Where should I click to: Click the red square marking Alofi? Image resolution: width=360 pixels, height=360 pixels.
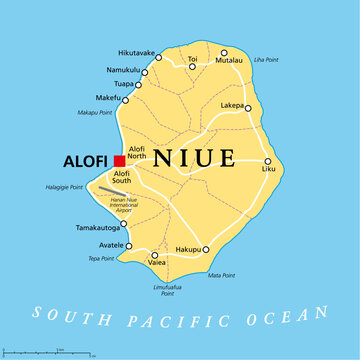119,160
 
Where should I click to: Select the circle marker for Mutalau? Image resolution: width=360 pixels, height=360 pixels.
225,53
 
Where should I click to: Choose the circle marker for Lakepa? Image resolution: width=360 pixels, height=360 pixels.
247,109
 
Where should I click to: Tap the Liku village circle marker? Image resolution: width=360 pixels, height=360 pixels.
267,161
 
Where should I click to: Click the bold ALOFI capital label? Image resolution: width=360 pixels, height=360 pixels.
85,160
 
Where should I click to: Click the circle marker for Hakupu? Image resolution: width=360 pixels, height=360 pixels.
207,249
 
